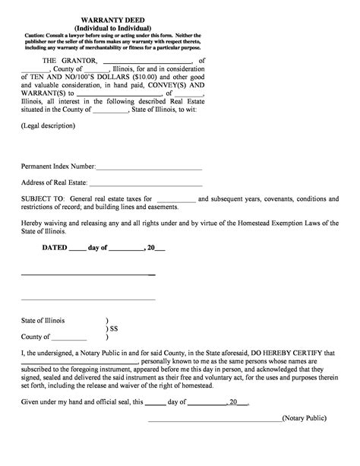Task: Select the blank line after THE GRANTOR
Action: point(147,62)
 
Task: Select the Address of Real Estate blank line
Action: point(146,185)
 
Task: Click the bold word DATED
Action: point(54,248)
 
